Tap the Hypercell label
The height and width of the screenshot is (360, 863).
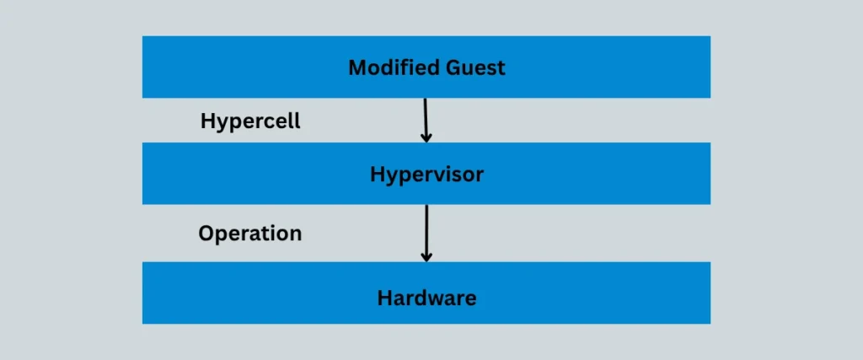click(x=250, y=121)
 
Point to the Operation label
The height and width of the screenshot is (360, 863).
click(x=249, y=233)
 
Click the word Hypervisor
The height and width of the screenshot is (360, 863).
click(x=426, y=175)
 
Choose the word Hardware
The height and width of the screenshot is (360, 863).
click(x=426, y=298)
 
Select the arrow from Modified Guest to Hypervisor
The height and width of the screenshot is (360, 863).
click(x=426, y=119)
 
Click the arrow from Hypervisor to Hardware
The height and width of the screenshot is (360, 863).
click(x=426, y=232)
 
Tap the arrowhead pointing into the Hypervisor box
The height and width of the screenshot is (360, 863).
click(x=426, y=137)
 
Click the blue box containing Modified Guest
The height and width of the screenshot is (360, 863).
click(x=253, y=67)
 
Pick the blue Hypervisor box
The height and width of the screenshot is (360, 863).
click(x=253, y=174)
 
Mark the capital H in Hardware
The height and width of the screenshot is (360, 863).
click(x=384, y=298)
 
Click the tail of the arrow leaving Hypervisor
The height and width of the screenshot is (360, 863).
click(x=426, y=207)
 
